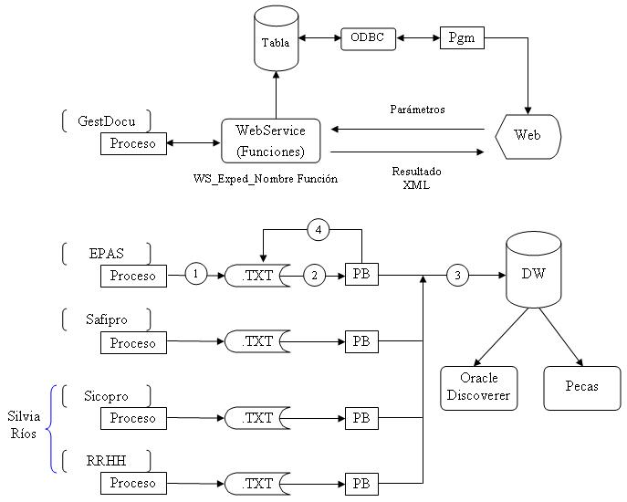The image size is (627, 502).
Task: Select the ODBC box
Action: (x=369, y=39)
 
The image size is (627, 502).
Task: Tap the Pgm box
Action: (x=462, y=38)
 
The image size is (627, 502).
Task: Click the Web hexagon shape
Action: (x=528, y=135)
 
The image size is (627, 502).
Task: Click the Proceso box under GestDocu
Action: (x=133, y=143)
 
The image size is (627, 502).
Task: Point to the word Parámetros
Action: (x=417, y=110)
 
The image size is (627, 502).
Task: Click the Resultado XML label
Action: (x=417, y=178)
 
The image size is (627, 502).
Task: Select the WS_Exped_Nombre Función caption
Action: (x=266, y=179)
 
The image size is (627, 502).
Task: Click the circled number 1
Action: (x=196, y=274)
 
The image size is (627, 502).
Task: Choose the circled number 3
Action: (x=458, y=274)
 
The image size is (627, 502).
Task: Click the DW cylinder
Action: (x=533, y=271)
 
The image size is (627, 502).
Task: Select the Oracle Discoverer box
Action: (x=478, y=388)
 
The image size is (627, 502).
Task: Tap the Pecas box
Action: (x=582, y=387)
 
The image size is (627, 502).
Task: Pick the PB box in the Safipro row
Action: (x=361, y=343)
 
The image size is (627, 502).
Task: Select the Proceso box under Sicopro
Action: (x=133, y=418)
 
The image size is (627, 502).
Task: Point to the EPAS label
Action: (x=106, y=253)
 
